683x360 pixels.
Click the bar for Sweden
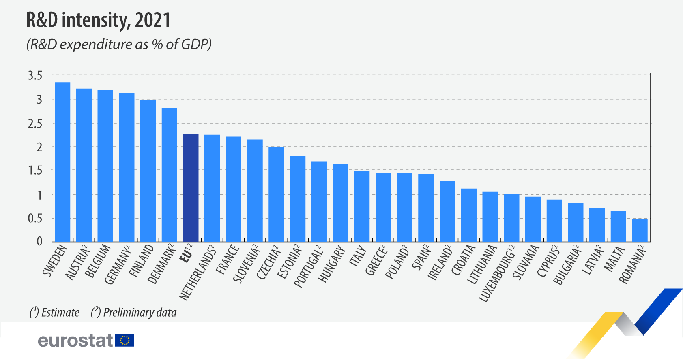click(62, 162)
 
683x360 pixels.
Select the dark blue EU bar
click(191, 188)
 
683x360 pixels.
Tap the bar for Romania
click(640, 230)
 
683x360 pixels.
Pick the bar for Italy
click(362, 207)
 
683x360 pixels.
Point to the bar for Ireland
click(447, 212)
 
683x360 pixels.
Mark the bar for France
click(234, 189)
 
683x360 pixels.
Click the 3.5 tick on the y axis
click(35, 76)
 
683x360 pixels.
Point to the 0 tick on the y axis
click(39, 241)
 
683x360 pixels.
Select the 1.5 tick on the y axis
click(35, 170)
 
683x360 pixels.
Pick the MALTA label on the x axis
click(614, 259)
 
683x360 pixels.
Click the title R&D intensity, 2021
click(99, 20)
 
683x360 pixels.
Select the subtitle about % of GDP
click(119, 44)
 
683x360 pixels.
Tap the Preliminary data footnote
click(134, 313)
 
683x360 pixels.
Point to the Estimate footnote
click(55, 313)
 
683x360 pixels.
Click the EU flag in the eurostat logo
click(125, 340)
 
